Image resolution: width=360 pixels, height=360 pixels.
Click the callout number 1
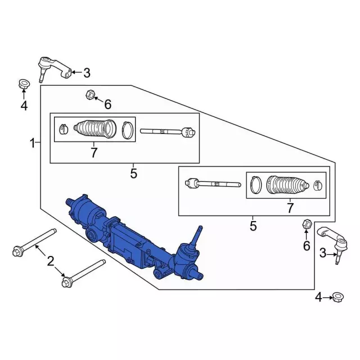[33, 143]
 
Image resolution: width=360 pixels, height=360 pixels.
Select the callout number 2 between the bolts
[51, 261]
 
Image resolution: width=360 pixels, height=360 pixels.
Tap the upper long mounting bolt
[34, 242]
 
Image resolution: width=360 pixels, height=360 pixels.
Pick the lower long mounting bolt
[84, 273]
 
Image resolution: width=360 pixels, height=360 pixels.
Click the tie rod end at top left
[54, 69]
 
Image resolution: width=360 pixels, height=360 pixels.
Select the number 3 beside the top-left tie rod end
[87, 73]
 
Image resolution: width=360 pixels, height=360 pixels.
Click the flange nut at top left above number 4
[24, 84]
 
